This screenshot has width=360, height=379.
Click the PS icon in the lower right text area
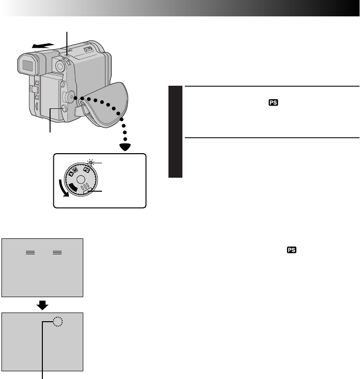coord(291,250)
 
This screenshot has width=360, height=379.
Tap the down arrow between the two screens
coord(42,305)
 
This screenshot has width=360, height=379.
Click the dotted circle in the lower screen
coord(58,322)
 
